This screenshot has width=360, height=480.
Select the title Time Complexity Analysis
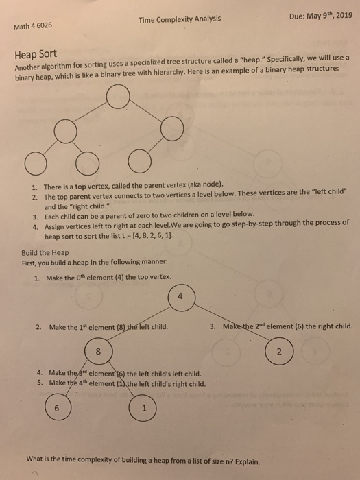[x=179, y=19]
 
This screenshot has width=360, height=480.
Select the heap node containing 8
[x=99, y=351]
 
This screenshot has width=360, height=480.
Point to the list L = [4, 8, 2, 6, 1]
[x=141, y=234]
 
